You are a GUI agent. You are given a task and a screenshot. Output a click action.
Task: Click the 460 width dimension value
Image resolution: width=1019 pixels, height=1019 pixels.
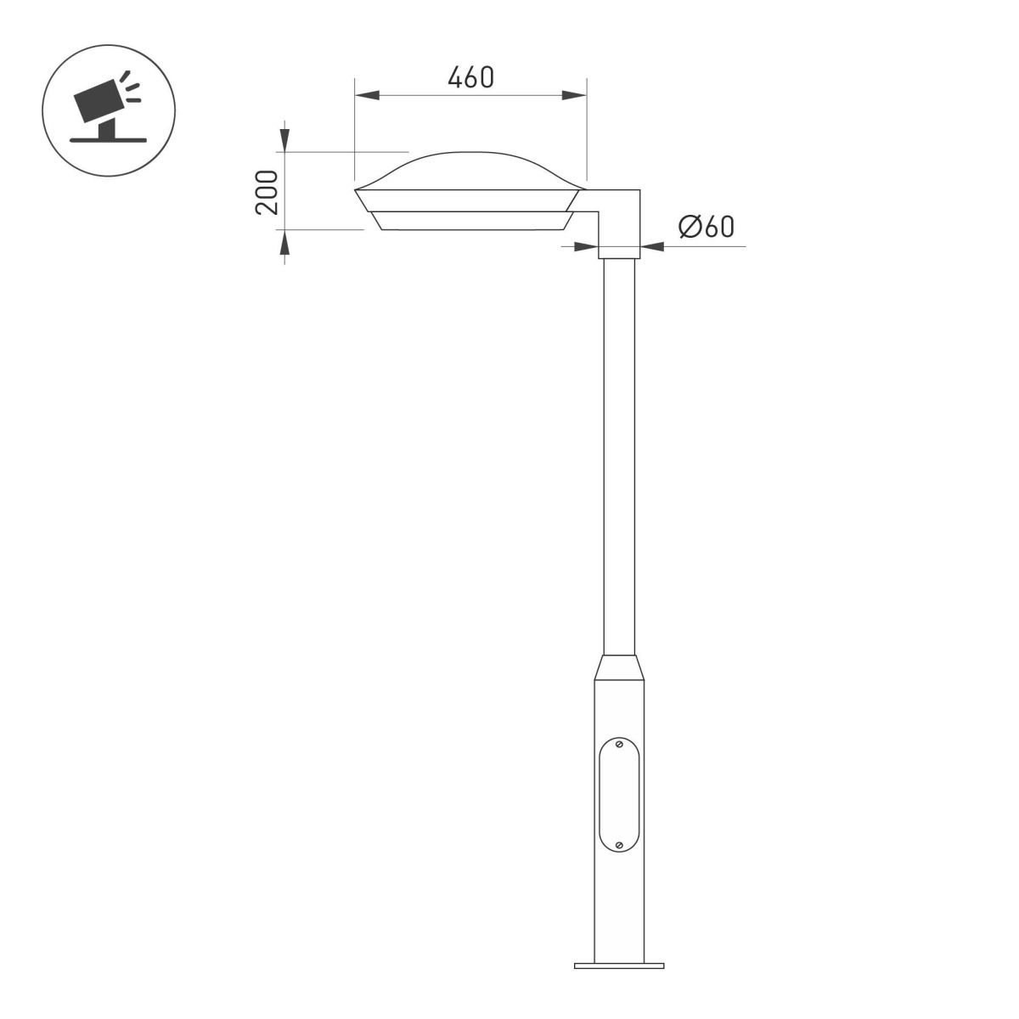click(470, 77)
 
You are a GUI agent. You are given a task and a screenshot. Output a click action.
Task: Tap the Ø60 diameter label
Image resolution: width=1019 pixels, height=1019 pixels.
click(706, 228)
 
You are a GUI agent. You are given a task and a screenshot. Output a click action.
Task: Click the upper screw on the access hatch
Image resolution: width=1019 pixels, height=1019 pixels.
click(619, 745)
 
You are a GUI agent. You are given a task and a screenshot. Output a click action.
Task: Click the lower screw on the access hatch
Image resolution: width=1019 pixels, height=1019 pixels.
click(619, 844)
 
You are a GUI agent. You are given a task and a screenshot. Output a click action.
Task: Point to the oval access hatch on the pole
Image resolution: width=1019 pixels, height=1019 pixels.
click(619, 795)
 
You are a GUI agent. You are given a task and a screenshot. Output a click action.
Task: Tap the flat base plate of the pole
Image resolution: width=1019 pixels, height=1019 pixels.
click(619, 965)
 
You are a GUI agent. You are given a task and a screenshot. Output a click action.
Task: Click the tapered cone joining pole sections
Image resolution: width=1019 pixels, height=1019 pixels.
click(619, 667)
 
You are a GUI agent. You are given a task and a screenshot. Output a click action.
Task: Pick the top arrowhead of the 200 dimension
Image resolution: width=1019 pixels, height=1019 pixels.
click(284, 140)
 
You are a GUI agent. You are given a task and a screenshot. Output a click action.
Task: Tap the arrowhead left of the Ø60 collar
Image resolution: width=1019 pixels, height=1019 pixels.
click(586, 246)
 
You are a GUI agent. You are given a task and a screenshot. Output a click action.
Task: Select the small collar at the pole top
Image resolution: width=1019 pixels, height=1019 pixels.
click(619, 252)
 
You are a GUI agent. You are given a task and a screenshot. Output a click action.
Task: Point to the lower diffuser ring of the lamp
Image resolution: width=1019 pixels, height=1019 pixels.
click(470, 221)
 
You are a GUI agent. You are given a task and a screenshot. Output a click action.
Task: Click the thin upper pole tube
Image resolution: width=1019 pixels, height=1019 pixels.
click(619, 450)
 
